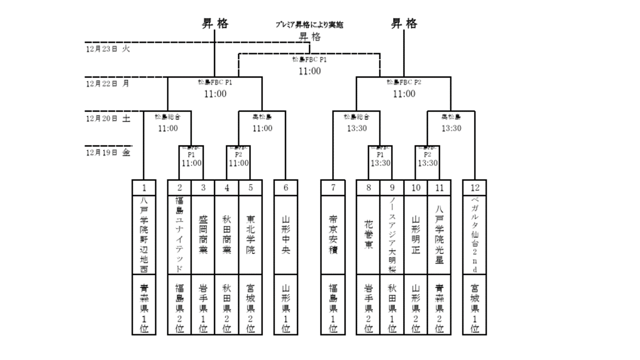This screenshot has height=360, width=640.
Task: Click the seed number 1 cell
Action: [x=144, y=188]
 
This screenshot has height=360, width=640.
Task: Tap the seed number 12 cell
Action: [x=474, y=188]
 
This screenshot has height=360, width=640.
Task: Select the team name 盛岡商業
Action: [x=203, y=235]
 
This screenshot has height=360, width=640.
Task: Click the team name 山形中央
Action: [x=286, y=235]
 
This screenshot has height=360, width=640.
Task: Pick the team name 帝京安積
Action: [x=333, y=235]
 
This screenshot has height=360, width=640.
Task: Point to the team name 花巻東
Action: [x=368, y=235]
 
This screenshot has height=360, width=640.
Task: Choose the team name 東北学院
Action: [x=250, y=235]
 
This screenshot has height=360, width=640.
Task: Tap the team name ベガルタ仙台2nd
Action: [x=474, y=235]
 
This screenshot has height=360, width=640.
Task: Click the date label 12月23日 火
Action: [x=108, y=49]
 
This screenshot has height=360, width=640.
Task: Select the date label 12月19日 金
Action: [x=108, y=152]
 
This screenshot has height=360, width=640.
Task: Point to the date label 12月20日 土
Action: [x=108, y=118]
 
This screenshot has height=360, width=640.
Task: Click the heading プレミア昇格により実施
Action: [x=309, y=24]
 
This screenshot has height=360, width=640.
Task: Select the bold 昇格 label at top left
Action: [x=214, y=23]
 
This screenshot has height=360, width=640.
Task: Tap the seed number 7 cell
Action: [x=333, y=188]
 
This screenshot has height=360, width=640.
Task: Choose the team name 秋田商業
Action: [x=226, y=235]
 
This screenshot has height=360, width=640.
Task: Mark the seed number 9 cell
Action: [x=392, y=188]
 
